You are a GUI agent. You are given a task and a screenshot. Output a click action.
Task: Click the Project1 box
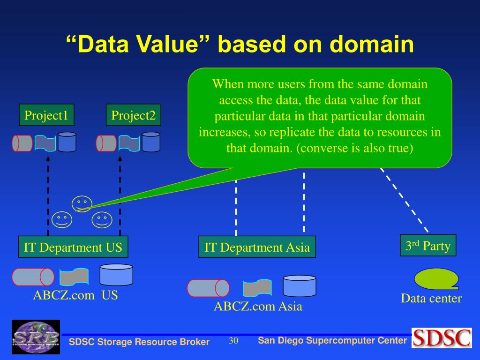pyautogui.click(x=46, y=115)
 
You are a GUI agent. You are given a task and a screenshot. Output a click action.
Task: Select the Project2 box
pyautogui.click(x=133, y=115)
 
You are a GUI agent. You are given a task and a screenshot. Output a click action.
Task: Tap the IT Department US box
pyautogui.click(x=73, y=247)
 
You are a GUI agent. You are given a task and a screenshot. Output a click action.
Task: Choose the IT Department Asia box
pyautogui.click(x=257, y=247)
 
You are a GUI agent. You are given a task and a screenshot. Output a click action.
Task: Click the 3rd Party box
pyautogui.click(x=427, y=245)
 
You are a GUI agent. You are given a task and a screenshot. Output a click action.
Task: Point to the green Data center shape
pyautogui.click(x=435, y=278)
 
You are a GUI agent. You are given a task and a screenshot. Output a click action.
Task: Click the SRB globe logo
pyautogui.click(x=36, y=337)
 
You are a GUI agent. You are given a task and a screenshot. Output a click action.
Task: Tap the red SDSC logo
pyautogui.click(x=442, y=337)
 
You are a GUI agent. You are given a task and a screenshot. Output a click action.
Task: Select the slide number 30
pyautogui.click(x=233, y=341)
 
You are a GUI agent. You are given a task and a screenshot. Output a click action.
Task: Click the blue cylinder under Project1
pyautogui.click(x=67, y=142)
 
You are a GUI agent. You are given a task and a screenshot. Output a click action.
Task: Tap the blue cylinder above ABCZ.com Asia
pyautogui.click(x=300, y=285)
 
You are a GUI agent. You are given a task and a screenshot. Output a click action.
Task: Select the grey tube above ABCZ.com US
pyautogui.click(x=33, y=277)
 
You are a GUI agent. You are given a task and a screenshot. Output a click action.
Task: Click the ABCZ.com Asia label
pyautogui.click(x=258, y=307)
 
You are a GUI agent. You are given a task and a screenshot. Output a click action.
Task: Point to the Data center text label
pyautogui.click(x=431, y=299)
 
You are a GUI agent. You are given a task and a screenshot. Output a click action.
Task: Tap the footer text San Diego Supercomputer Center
pyautogui.click(x=332, y=340)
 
